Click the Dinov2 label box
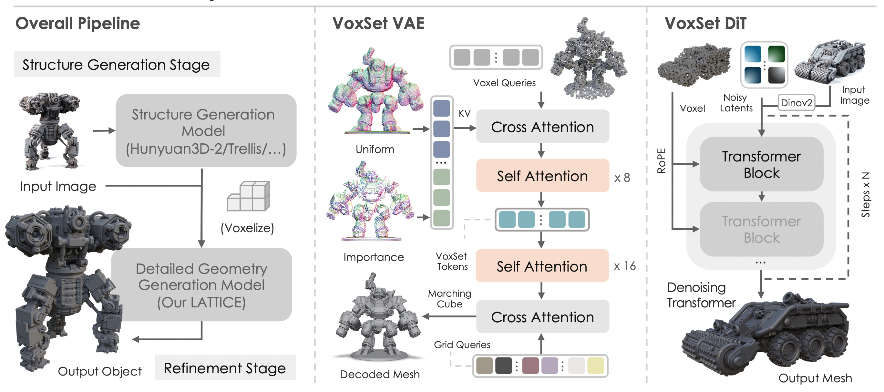pos(796,103)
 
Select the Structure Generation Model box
pos(206,131)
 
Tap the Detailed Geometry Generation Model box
pos(201,285)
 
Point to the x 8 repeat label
pos(622,178)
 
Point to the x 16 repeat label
pos(624,266)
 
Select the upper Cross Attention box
pos(542,127)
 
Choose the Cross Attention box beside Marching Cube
pos(542,317)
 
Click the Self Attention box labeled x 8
pos(542,176)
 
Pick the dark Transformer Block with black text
pos(761,164)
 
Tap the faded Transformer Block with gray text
pos(761,229)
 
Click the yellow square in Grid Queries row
pos(595,366)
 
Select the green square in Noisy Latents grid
pos(776,54)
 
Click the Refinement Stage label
pos(225,368)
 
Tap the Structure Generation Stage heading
pos(116,65)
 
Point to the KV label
pos(464,114)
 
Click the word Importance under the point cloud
pos(373,257)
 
